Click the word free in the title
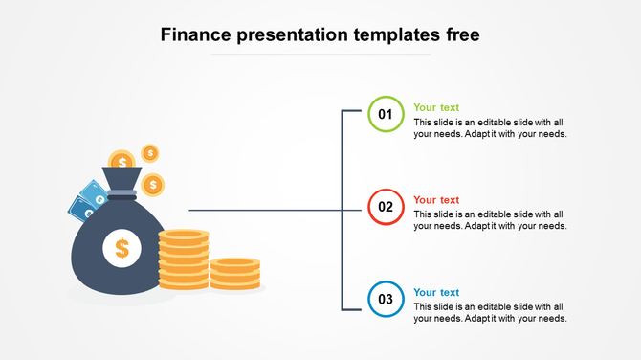(459, 35)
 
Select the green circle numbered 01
(386, 114)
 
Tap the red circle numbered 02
(386, 207)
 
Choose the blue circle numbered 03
(386, 299)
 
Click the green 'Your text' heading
(436, 108)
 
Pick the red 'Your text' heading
(436, 200)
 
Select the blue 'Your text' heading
(436, 293)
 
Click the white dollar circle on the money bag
(122, 249)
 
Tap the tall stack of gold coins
(183, 259)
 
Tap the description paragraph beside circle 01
(490, 128)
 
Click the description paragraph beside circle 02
(490, 220)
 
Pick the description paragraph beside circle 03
(490, 312)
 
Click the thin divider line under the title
(320, 55)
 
